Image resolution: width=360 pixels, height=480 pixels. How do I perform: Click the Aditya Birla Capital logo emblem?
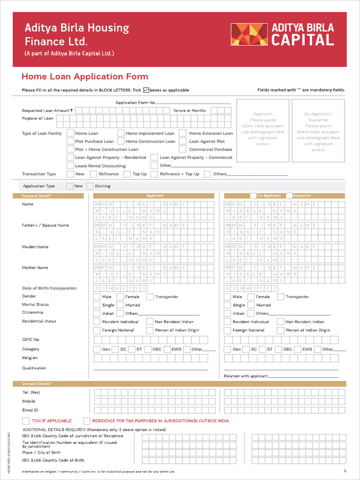249,35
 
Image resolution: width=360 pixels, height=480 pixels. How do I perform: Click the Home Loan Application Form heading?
85,77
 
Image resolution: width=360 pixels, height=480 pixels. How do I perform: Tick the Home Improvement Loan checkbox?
120,134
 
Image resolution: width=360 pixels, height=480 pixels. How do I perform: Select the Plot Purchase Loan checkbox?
70,141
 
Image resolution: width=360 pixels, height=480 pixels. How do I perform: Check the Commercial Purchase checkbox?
182,150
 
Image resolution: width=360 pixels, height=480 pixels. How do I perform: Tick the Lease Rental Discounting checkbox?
70,165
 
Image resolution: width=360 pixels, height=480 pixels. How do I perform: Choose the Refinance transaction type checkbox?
93,174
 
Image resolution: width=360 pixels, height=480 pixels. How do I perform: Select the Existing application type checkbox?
90,186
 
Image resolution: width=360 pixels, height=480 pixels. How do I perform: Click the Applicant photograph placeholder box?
262,130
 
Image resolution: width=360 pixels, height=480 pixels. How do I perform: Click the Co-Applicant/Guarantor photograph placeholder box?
318,130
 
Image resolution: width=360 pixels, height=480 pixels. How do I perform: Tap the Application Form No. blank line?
193,103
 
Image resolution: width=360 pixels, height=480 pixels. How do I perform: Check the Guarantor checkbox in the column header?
289,195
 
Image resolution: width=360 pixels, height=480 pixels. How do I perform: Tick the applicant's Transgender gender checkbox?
150,297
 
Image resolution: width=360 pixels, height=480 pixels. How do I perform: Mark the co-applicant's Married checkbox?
251,305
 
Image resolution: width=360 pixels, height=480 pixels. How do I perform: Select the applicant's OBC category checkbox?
147,349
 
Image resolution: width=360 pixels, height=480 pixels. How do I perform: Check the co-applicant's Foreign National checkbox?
227,330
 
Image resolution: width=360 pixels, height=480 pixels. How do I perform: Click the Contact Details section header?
37,384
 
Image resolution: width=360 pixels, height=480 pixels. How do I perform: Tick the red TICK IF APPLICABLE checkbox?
26,421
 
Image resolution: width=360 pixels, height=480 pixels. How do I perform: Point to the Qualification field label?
34,368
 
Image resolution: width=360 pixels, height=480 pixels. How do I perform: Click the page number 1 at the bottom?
345,471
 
